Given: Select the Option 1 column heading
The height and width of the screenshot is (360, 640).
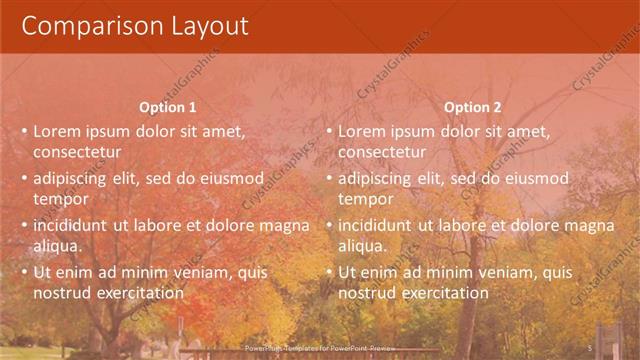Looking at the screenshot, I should (x=168, y=107).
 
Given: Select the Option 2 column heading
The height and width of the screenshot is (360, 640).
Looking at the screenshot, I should (x=472, y=107).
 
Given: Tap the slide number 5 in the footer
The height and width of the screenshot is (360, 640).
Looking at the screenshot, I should (x=590, y=346).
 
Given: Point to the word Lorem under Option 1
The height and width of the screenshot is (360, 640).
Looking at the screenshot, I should (x=56, y=130).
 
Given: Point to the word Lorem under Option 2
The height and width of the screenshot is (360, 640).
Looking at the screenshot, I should (x=361, y=130).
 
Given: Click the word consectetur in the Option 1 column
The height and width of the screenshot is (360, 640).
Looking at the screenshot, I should (x=77, y=152).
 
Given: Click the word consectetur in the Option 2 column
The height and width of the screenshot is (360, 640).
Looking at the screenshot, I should (x=382, y=152).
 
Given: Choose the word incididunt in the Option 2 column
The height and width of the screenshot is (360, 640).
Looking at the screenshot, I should (x=375, y=225).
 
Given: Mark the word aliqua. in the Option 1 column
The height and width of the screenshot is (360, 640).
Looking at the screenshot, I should (x=57, y=246).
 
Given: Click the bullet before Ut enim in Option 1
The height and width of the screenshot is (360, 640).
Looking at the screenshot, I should (x=24, y=272).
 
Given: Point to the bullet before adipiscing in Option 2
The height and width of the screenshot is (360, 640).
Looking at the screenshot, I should (x=329, y=178).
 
